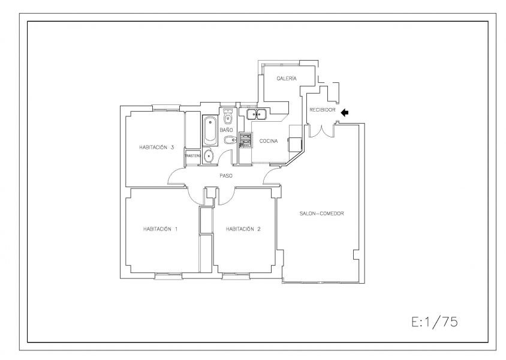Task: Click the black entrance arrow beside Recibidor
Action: click(345, 112)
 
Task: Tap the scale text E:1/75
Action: click(435, 322)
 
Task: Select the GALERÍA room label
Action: click(287, 79)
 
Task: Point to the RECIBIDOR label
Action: click(323, 110)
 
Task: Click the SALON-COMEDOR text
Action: click(321, 214)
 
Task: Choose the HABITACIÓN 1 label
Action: click(161, 229)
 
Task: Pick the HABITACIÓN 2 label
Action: click(243, 229)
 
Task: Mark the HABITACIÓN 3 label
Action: click(156, 147)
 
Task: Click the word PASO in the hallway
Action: click(226, 176)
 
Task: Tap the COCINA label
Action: click(269, 141)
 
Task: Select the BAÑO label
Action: click(226, 130)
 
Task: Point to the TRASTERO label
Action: click(192, 156)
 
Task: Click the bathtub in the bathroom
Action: click(210, 131)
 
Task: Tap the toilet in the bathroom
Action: click(228, 116)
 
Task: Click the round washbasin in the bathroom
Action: click(209, 156)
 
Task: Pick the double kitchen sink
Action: click(256, 114)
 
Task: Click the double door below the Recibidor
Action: click(321, 130)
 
